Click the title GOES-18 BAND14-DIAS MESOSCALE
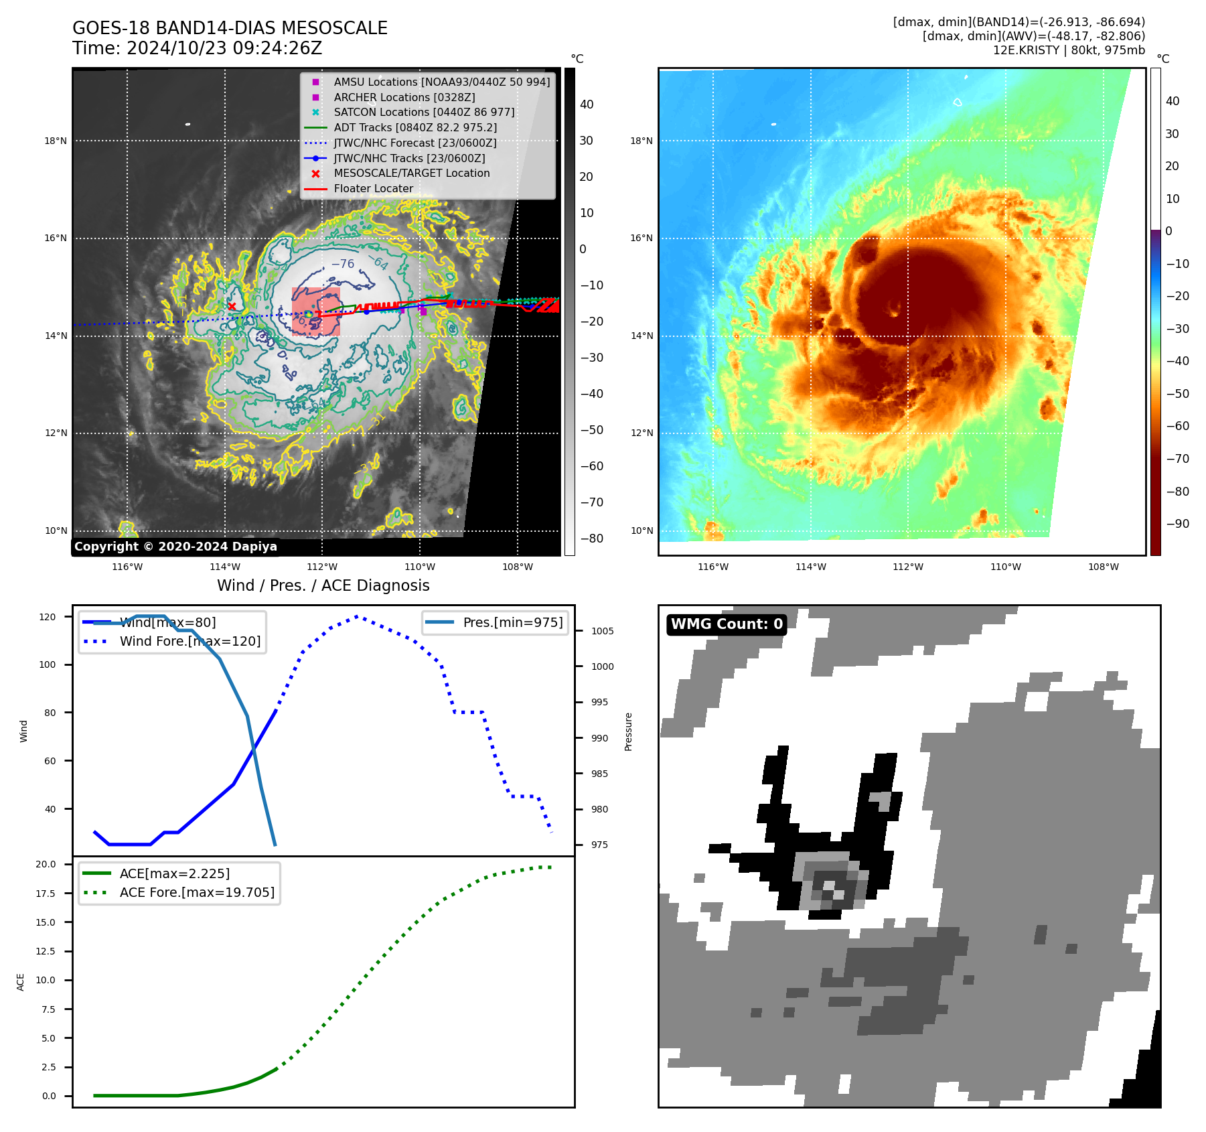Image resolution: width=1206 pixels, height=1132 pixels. coord(230,28)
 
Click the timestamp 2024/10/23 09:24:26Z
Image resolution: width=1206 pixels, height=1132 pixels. coord(224,49)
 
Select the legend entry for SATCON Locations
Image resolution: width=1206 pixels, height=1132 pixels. coord(424,113)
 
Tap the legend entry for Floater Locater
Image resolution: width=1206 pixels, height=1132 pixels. coord(373,189)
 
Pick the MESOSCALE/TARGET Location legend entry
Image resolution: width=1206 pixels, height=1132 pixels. coord(411,173)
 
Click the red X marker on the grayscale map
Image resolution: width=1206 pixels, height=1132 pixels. coord(232,307)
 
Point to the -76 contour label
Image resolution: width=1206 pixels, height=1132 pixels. coord(343,264)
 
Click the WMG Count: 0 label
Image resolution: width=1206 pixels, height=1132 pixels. coord(727,624)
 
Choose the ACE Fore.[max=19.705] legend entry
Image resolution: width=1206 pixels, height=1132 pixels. coord(197,893)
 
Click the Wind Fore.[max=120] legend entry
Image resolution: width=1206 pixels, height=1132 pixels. coord(190,642)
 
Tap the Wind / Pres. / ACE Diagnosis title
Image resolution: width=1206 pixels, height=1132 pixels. coord(323,586)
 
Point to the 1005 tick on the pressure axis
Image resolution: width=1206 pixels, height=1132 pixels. coord(602,631)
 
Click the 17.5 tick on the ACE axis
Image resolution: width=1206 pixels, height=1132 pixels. coord(48,894)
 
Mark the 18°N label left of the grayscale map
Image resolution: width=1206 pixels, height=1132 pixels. coord(56,141)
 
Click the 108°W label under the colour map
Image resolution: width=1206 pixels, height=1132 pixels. coord(1103,567)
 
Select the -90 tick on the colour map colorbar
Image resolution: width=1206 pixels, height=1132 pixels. coord(1177,524)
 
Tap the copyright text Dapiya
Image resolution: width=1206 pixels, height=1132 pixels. coord(175,547)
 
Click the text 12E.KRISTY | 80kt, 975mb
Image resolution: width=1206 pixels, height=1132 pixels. coord(1069,50)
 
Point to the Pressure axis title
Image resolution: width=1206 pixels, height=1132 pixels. coord(628,731)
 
